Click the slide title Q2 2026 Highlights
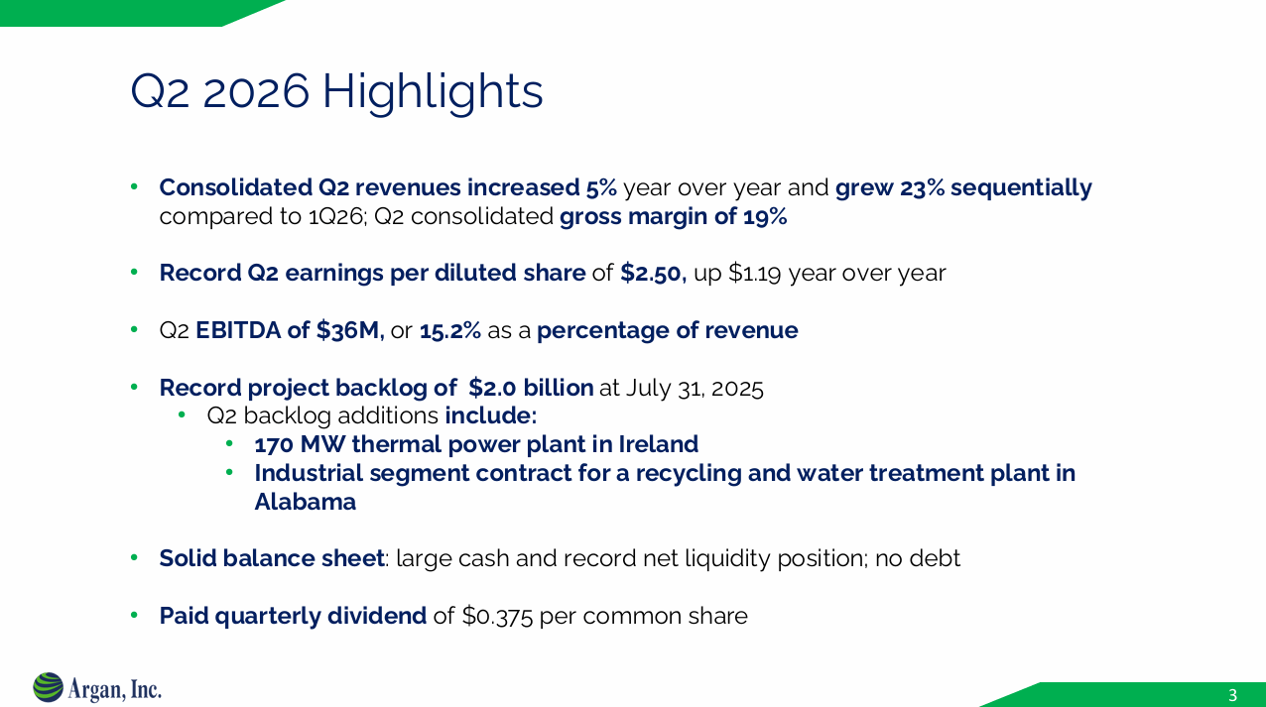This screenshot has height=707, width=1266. pos(336,92)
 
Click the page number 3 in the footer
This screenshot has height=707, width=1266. pos(1232,694)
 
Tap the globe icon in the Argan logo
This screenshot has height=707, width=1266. pos(48,687)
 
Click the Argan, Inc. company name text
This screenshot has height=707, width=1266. pos(115,688)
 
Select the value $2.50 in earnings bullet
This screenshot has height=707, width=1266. pos(652,273)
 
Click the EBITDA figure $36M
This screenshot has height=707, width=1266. pos(349,331)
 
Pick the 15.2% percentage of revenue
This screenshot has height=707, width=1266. pos(450,331)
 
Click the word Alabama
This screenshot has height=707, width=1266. pos(305,502)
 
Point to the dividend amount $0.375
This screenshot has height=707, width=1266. pos(498,616)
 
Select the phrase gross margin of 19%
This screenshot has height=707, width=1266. pos(673,217)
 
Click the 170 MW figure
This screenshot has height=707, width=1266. pos(296,444)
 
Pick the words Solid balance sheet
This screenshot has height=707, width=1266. pos(271,558)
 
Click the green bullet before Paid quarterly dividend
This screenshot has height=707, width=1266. pos(136,616)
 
